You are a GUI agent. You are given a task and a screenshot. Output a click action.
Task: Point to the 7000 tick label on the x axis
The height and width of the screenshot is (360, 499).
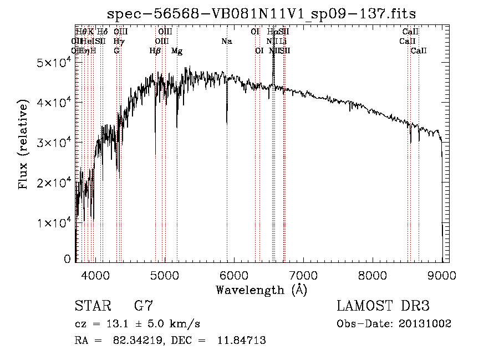pos(303,274)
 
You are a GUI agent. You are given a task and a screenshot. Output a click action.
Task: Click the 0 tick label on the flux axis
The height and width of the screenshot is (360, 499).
pos(68,259)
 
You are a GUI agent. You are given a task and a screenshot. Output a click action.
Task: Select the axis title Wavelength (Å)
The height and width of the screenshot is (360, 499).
pos(261,290)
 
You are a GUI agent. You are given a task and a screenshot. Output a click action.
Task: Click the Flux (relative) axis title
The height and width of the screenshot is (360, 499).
pos(23,145)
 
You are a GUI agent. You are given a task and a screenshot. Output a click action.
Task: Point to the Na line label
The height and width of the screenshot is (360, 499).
pos(226,42)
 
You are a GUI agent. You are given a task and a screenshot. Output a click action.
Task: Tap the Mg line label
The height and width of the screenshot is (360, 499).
pos(177,51)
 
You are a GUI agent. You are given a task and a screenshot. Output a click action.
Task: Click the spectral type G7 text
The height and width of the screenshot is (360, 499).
pos(143,306)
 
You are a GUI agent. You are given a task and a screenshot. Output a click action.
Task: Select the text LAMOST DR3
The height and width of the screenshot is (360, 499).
pos(383,306)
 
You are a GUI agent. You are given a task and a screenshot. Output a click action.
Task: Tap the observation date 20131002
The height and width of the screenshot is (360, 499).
pos(426,323)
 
